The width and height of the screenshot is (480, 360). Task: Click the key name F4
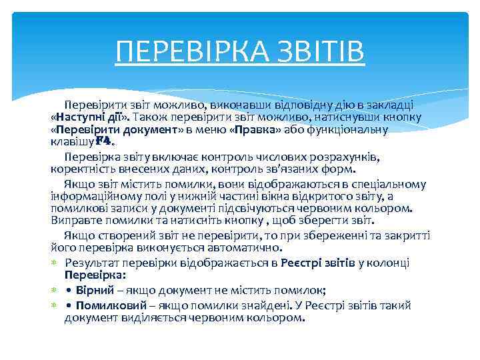tap(105, 141)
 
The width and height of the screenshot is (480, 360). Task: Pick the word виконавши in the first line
tap(238, 105)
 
